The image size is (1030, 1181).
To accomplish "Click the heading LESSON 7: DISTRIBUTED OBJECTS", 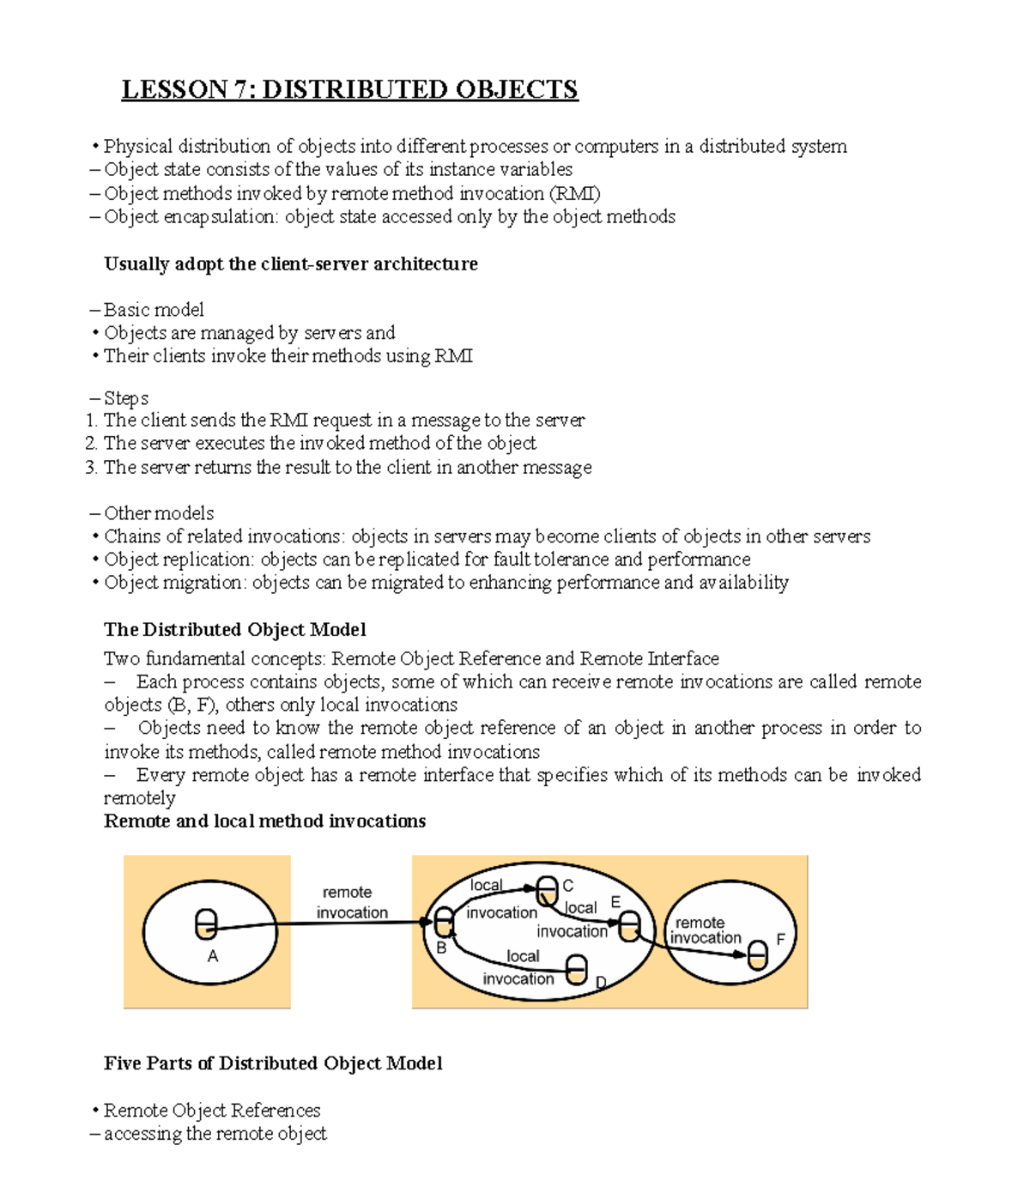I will click(x=349, y=89).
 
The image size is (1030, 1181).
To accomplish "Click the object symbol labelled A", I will click(x=206, y=924).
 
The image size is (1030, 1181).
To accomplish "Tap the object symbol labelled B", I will click(x=444, y=923).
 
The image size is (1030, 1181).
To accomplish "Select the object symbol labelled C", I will click(x=547, y=890).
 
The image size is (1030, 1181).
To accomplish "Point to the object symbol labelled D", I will click(x=578, y=971).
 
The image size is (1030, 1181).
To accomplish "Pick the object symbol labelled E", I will click(x=630, y=927).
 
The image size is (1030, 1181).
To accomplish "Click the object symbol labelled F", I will click(x=757, y=954).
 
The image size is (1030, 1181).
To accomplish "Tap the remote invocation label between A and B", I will click(x=351, y=903).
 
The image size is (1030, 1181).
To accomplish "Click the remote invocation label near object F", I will click(x=704, y=930).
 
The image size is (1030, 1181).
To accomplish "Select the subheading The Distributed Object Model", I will click(x=234, y=630).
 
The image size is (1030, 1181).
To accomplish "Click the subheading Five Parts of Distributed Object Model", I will click(x=273, y=1063).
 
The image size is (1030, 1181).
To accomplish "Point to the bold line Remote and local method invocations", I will click(x=264, y=821).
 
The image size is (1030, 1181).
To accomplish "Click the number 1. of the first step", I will click(x=92, y=421).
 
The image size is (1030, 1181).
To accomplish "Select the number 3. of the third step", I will click(x=92, y=468).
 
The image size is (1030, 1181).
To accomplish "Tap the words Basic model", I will click(x=154, y=310).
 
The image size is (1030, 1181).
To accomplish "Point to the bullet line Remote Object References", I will click(x=211, y=1111).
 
